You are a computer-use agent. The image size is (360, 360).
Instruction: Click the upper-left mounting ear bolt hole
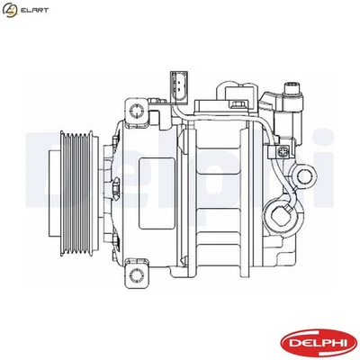tap(139, 112)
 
